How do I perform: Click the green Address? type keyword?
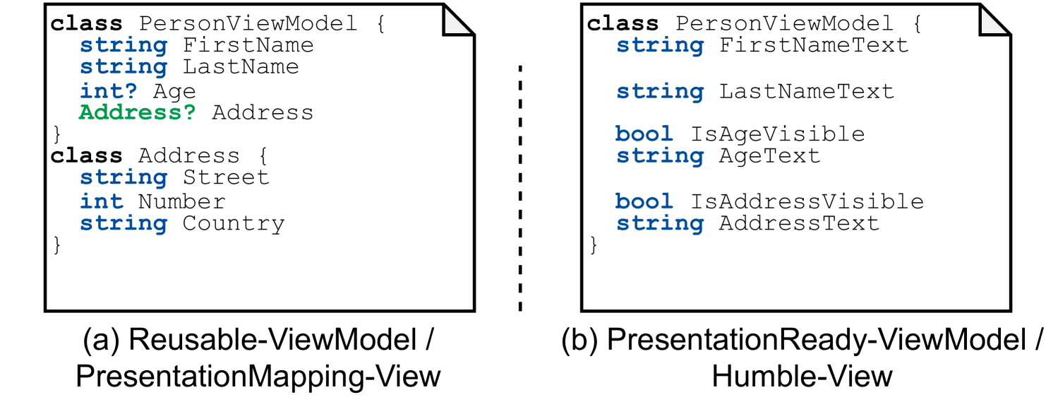click(137, 112)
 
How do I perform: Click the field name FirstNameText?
click(814, 46)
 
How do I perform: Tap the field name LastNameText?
click(807, 91)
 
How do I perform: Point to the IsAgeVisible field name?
click(777, 134)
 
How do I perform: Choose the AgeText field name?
click(770, 155)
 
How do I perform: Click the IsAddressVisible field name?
click(807, 201)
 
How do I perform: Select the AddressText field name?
click(799, 223)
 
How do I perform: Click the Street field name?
click(226, 177)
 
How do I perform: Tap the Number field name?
click(181, 201)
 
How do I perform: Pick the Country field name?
click(234, 223)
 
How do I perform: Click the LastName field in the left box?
click(241, 67)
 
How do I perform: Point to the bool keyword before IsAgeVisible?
click(644, 134)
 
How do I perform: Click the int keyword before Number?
click(101, 201)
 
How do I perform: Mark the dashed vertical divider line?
click(520, 187)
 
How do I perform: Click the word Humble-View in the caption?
click(802, 376)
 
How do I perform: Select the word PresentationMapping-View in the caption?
click(258, 376)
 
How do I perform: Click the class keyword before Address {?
click(86, 155)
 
